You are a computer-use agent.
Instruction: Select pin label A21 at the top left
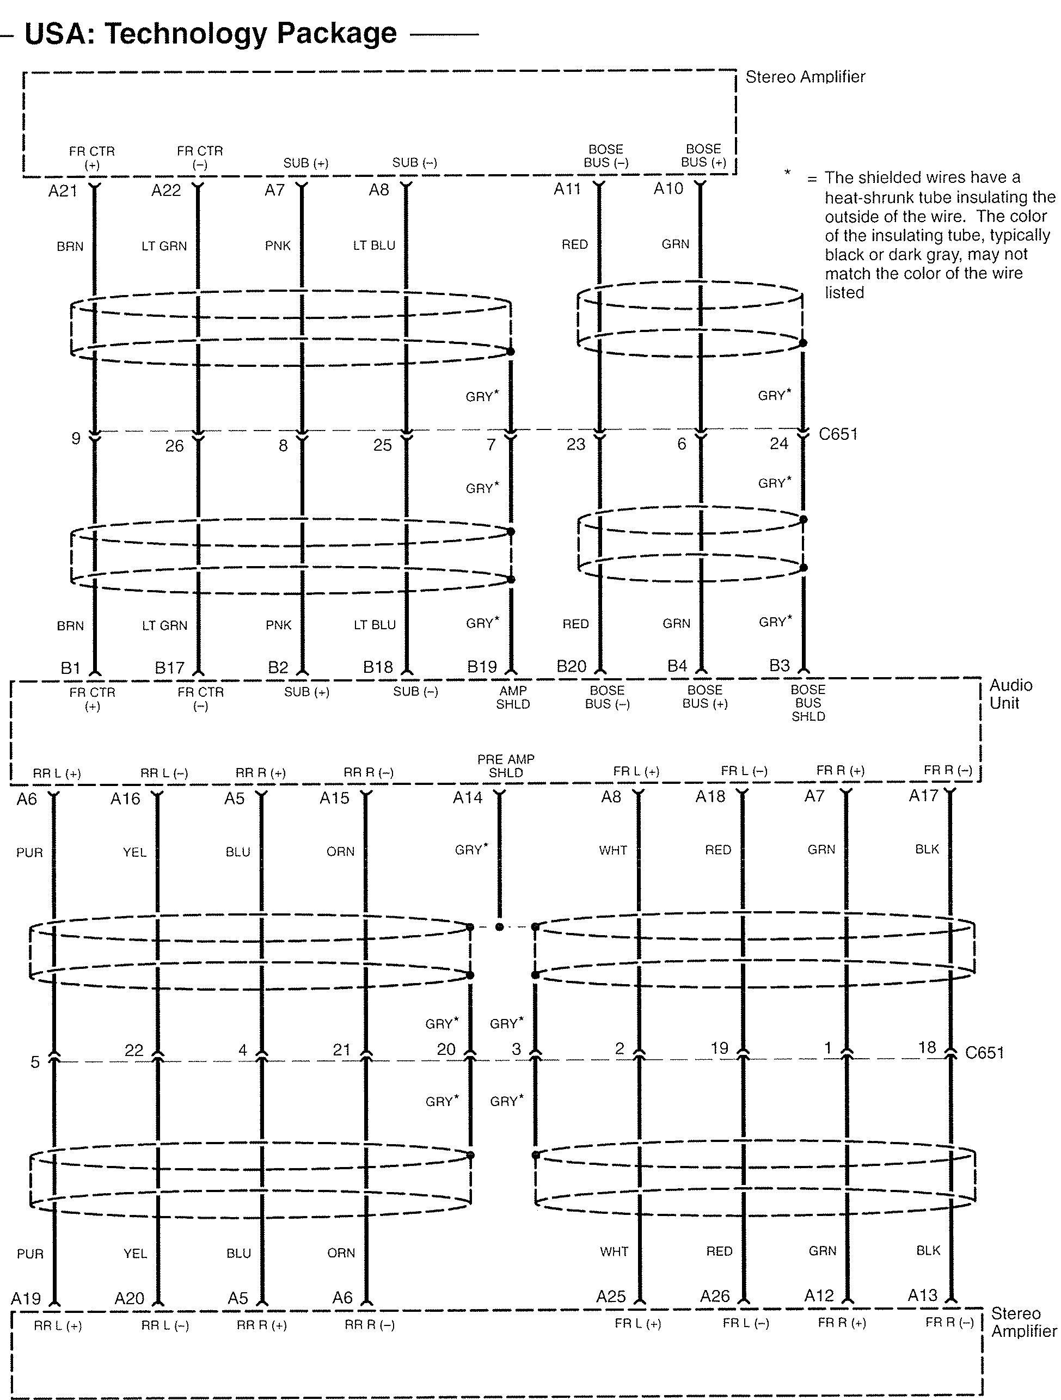[62, 191]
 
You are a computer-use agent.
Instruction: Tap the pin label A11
[567, 189]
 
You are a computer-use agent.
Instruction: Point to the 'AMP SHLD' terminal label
[513, 697]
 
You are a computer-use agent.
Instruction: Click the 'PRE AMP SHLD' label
[506, 765]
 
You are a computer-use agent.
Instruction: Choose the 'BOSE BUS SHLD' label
[808, 703]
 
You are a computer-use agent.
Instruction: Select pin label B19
[482, 667]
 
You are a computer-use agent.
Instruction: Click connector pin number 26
[174, 446]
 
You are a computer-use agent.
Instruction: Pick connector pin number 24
[778, 444]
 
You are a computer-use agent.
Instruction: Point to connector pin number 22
[133, 1051]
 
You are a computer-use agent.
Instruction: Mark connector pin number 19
[719, 1049]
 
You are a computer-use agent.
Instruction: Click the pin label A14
[467, 798]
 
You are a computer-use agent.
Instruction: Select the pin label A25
[610, 1297]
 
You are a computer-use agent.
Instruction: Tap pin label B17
[170, 668]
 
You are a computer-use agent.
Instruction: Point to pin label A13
[922, 1295]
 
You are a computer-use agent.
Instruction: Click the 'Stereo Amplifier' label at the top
[805, 77]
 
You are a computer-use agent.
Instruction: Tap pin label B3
[780, 666]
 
